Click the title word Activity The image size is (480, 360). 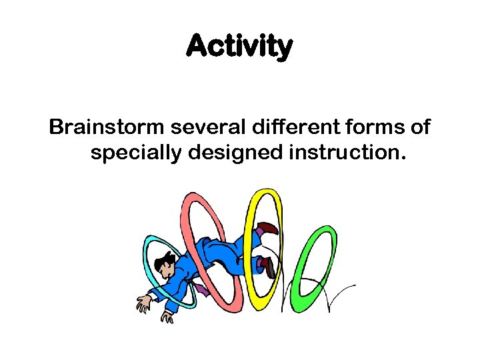click(x=239, y=47)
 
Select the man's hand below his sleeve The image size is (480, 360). click(x=166, y=316)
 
